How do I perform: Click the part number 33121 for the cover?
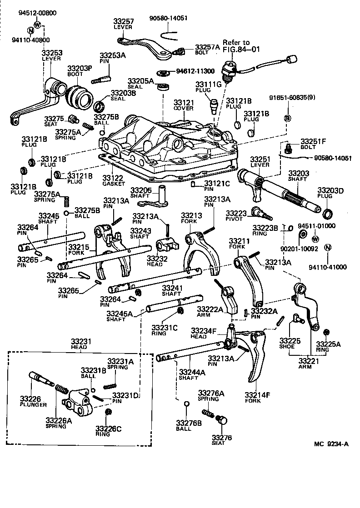point(184,103)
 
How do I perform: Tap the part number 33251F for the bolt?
point(312,141)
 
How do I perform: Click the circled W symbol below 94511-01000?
point(315,238)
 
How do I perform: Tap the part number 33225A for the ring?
point(328,344)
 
